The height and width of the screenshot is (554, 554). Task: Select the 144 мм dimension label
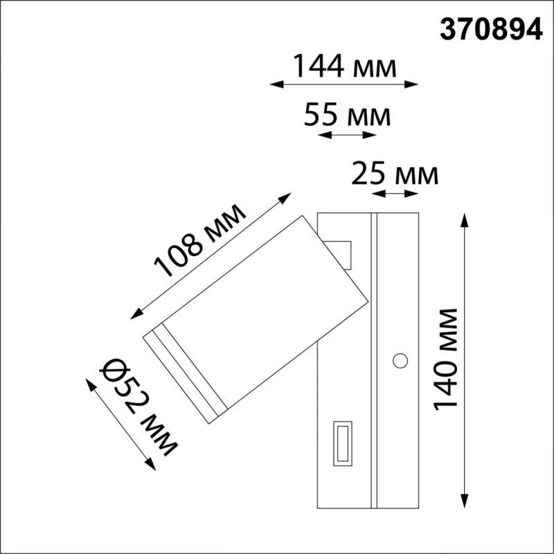coord(344,67)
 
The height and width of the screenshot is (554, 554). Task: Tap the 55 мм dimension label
coord(347,115)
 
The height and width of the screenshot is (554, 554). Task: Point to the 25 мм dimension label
coord(395,174)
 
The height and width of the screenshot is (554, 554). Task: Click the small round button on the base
coord(400,360)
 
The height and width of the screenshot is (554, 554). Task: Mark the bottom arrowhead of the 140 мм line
coord(464,503)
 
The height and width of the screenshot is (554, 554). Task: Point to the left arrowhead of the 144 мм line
coord(273,84)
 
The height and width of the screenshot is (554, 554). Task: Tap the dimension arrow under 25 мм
coord(395,194)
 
